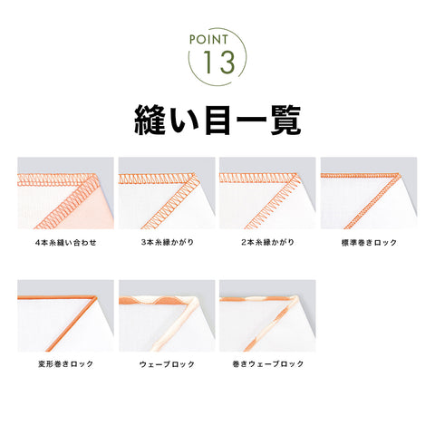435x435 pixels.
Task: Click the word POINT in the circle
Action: tap(208, 40)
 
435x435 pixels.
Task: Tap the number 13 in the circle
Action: tap(218, 63)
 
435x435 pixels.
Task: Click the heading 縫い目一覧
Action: tap(217, 120)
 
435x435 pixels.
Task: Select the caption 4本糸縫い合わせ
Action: tap(65, 242)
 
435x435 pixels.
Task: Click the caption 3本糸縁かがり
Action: tap(167, 242)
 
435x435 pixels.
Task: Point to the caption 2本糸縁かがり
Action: tap(267, 242)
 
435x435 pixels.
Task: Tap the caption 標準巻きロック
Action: tap(369, 242)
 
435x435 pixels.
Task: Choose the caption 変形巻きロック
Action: tap(65, 363)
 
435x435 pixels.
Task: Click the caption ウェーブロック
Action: tap(167, 364)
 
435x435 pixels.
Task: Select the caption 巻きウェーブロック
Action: tap(267, 363)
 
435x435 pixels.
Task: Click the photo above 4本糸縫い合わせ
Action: tap(65, 193)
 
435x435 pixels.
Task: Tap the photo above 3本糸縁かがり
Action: tap(167, 193)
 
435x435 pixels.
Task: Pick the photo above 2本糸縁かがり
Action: tap(267, 193)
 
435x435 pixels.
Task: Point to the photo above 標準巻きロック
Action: tap(369, 193)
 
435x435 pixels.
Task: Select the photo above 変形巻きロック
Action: tap(65, 315)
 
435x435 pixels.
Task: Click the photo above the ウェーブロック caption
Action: tap(167, 315)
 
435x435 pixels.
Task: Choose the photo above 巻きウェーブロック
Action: tap(267, 315)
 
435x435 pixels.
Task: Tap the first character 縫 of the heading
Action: tap(150, 120)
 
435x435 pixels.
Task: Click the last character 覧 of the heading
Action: tap(285, 120)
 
